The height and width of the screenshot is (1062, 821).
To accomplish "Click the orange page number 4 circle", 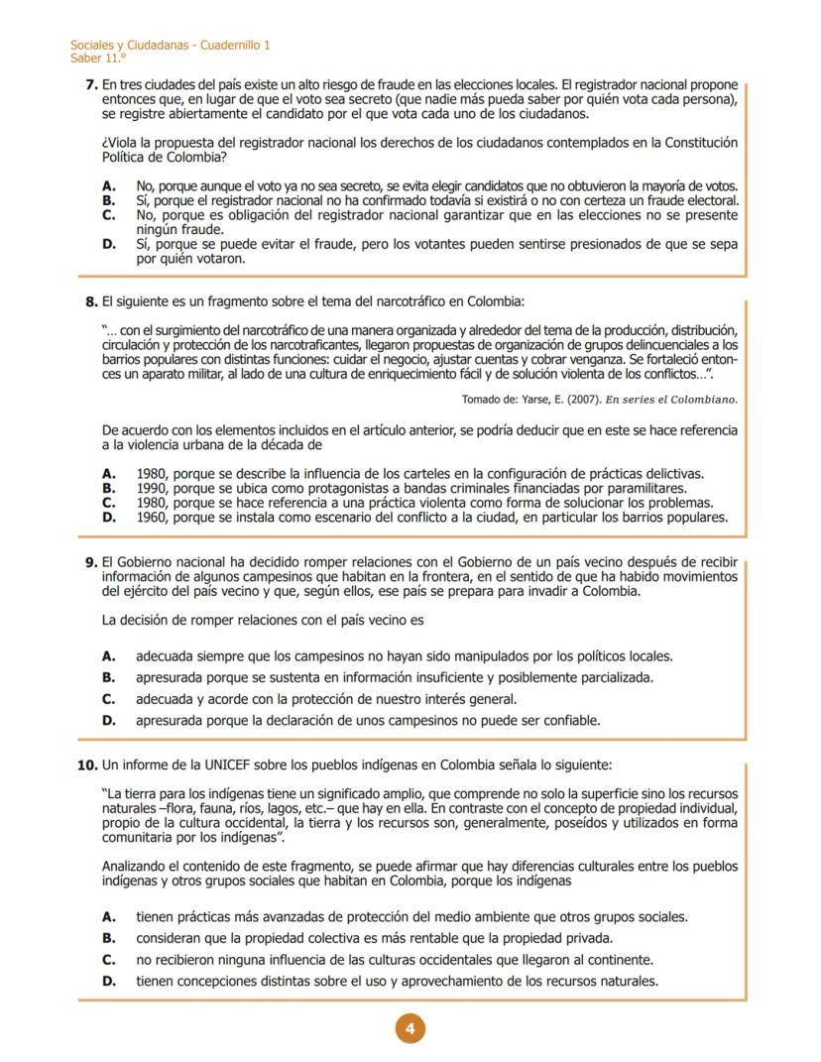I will coord(410,1028).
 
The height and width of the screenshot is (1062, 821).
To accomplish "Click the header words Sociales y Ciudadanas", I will coord(128,46).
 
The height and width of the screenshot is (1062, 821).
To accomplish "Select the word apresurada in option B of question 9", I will coord(174,677).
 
